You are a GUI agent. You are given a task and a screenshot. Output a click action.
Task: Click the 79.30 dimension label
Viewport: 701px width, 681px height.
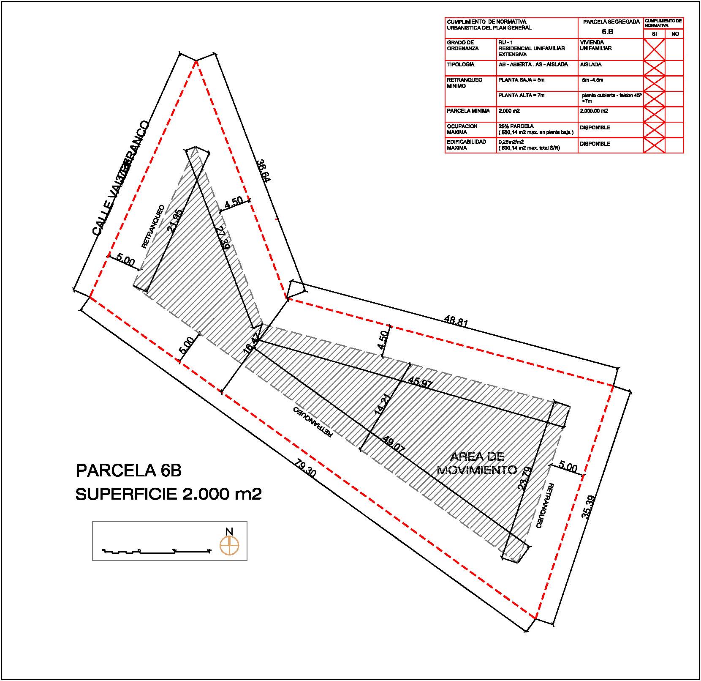point(305,469)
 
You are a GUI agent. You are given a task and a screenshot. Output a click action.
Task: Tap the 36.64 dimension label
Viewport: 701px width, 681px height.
point(264,170)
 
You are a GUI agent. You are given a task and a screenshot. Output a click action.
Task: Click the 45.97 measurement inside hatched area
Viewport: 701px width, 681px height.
point(421,384)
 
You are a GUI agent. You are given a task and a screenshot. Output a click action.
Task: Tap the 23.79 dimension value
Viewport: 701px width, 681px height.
point(524,478)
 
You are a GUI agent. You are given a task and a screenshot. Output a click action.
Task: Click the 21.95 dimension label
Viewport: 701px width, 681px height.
point(174,221)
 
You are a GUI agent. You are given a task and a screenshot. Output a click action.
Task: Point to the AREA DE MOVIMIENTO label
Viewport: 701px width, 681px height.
point(477,463)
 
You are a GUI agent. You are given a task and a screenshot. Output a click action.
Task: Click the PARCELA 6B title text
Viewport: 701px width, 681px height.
point(128,470)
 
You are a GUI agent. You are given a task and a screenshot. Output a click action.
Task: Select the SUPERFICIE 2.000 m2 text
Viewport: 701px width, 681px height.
point(168,494)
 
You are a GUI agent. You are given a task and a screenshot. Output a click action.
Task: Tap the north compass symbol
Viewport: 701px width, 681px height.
point(229,545)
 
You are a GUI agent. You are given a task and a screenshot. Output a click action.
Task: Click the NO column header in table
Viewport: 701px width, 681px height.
point(674,34)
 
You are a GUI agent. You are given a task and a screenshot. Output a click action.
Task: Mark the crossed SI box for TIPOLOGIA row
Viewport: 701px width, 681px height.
point(654,68)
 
